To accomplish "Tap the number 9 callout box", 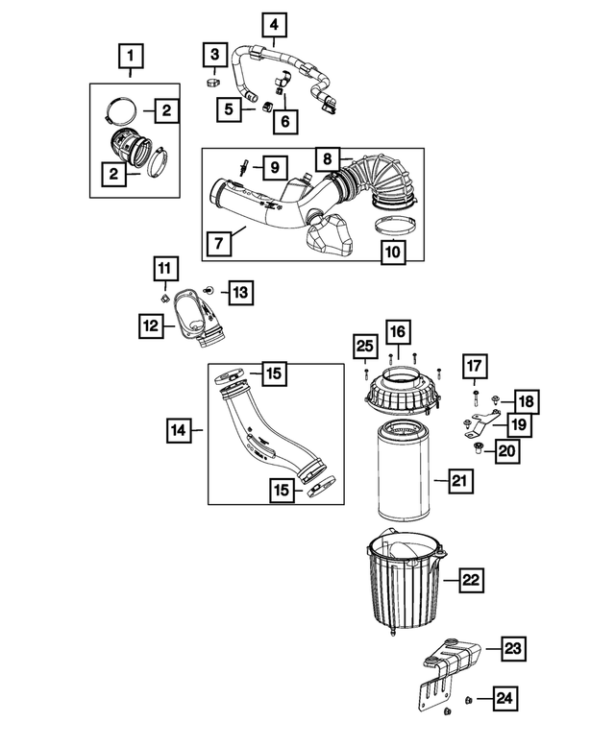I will pos(273,168).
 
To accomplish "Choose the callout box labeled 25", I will pos(364,346).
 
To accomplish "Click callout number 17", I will pos(476,367).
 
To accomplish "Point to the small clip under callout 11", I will pos(164,297).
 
